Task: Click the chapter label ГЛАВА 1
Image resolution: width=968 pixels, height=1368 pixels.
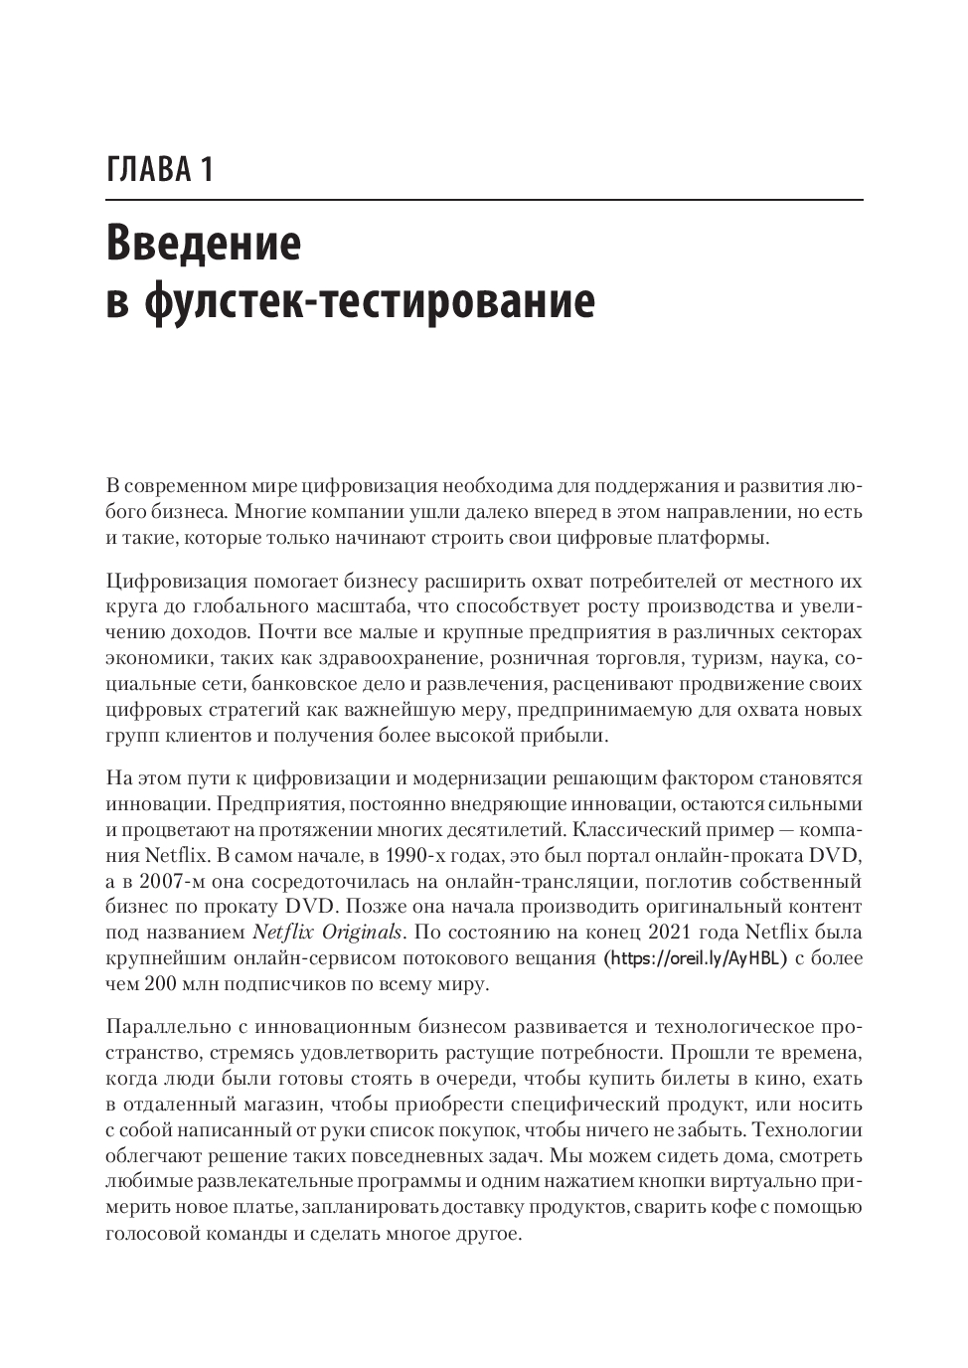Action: [x=158, y=169]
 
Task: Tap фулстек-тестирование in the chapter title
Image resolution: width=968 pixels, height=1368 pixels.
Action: [x=368, y=300]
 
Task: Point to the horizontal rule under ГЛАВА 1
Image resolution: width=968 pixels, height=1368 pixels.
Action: [x=484, y=200]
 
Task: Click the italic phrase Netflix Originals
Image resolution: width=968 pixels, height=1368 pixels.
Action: [x=328, y=933]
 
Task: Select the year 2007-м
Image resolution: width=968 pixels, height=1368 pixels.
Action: [x=168, y=881]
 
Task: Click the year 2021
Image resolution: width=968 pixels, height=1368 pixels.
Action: [x=673, y=933]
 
